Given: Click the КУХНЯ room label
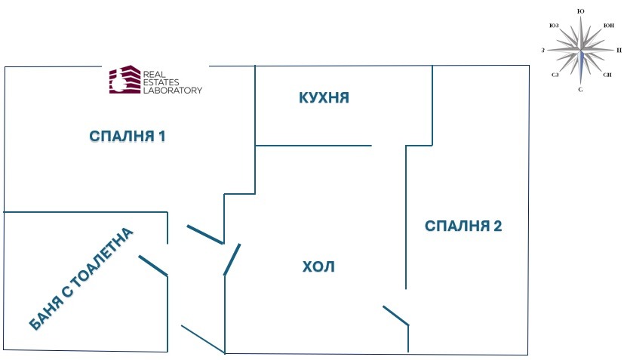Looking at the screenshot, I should (x=324, y=98).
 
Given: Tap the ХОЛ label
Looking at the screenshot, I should (x=318, y=266).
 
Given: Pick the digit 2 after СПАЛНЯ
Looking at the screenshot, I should (x=498, y=226).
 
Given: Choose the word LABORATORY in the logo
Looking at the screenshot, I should (x=172, y=90).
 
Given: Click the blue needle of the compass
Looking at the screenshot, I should (x=580, y=68).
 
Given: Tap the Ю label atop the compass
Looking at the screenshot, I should (x=580, y=12).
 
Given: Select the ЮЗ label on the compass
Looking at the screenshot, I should (x=554, y=26).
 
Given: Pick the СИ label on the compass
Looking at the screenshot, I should (x=607, y=75).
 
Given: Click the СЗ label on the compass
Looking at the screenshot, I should (x=555, y=75).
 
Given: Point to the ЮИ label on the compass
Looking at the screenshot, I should (x=608, y=26).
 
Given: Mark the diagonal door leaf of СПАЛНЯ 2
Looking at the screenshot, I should (x=395, y=315).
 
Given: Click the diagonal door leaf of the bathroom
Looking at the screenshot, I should (x=152, y=264).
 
